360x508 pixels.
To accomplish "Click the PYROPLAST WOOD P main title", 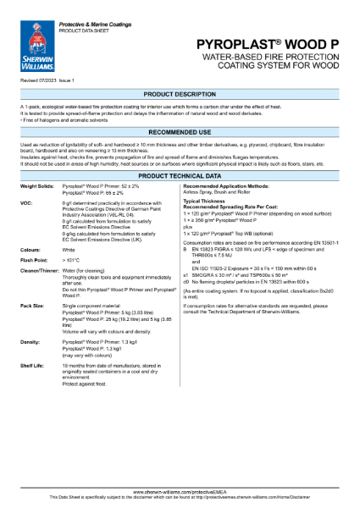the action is (x=280, y=42).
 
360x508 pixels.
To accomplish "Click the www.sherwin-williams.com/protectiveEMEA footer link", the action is (x=180, y=491).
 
